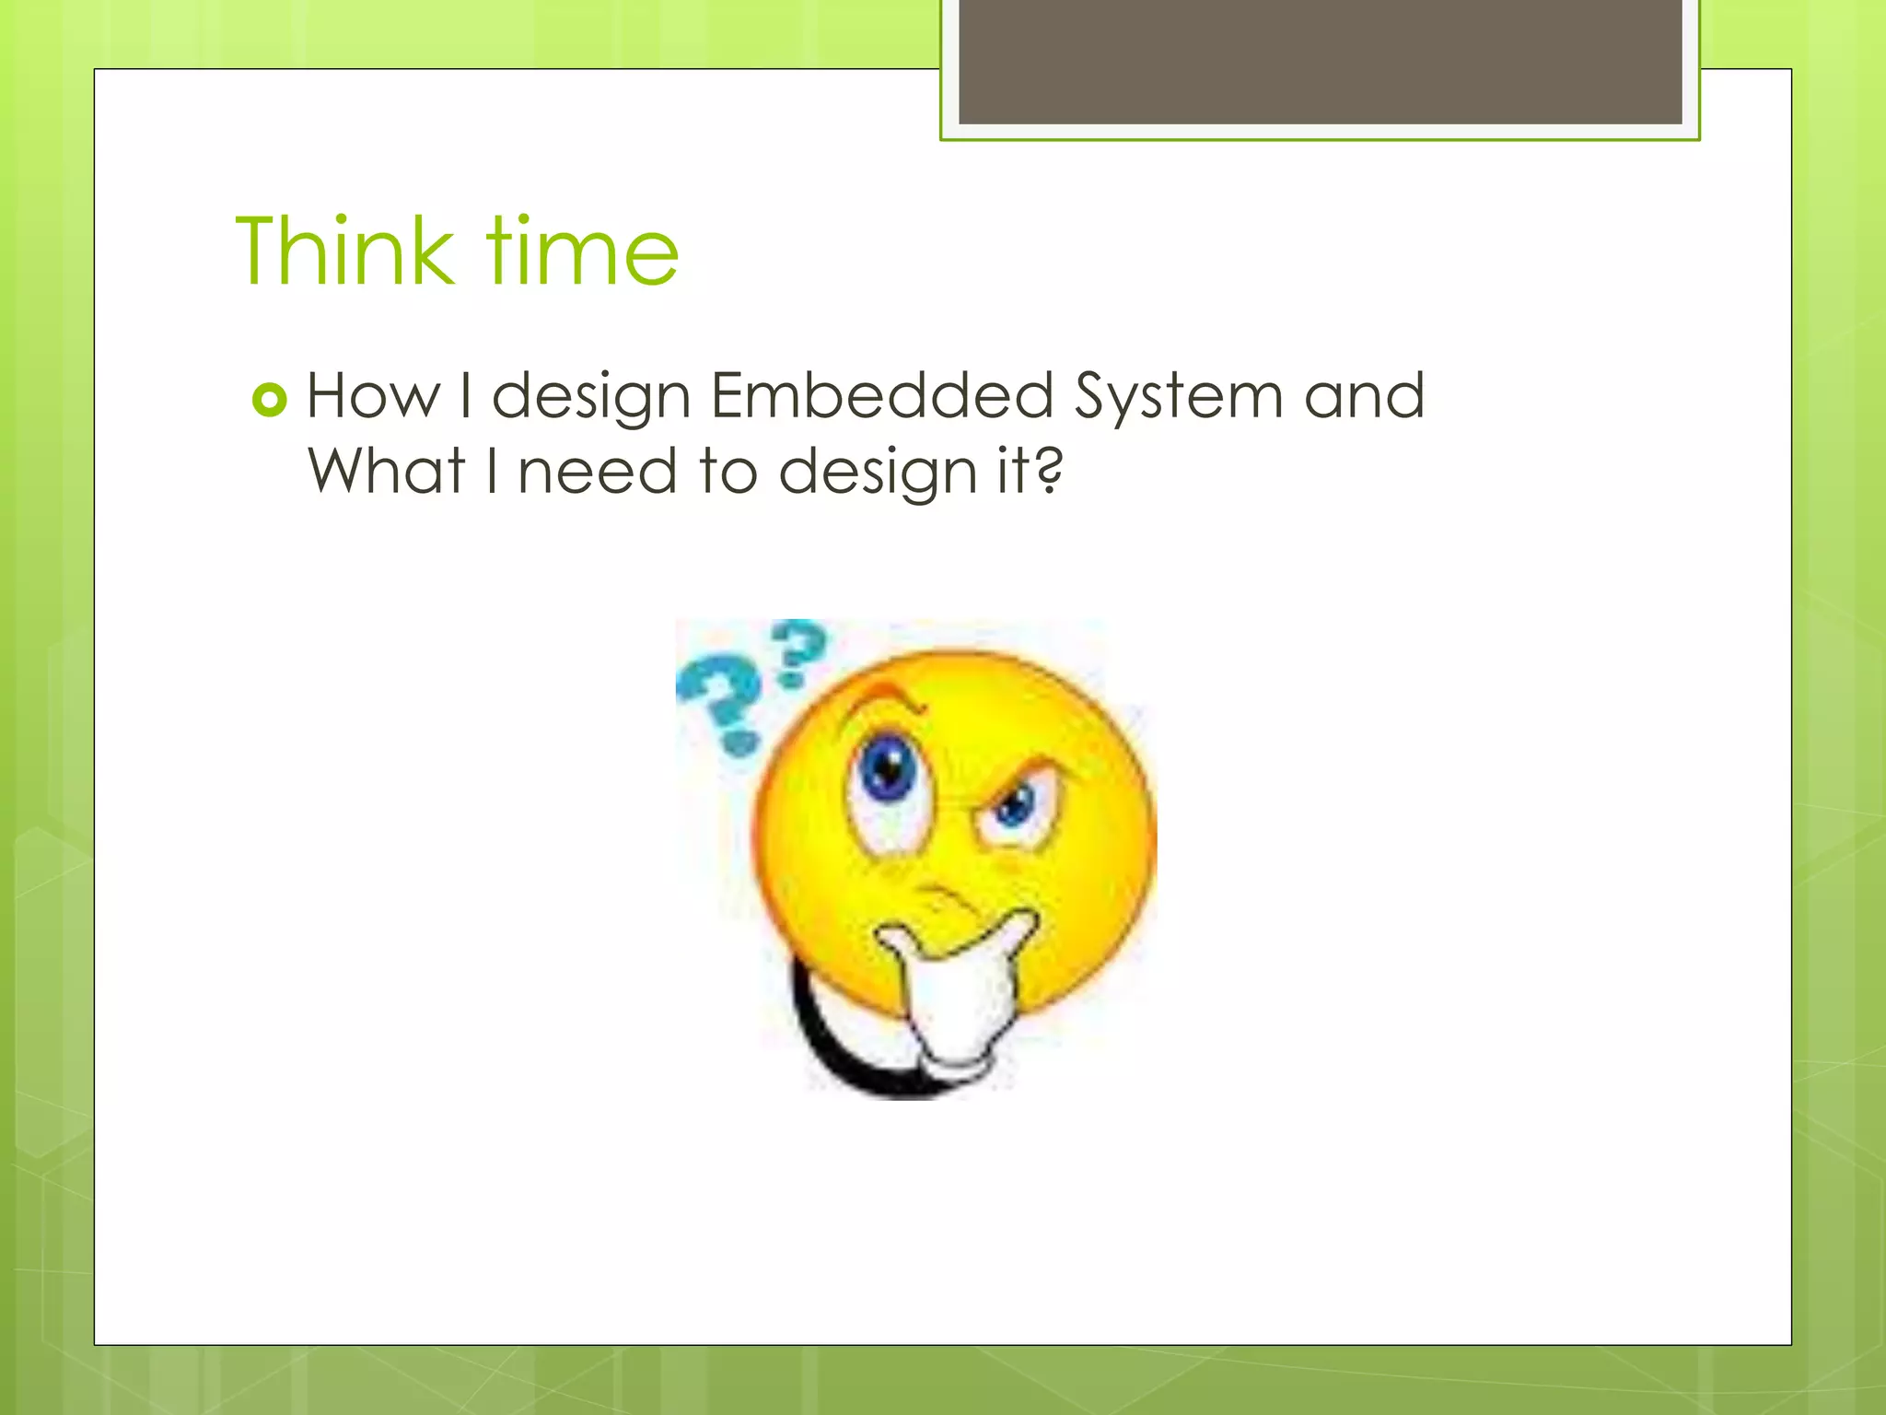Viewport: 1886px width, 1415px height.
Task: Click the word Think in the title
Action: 344,251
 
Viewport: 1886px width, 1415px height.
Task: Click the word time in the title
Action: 582,251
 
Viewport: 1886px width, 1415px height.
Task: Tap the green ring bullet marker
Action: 269,399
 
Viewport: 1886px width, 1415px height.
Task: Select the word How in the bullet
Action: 373,396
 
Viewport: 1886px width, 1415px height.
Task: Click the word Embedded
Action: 881,396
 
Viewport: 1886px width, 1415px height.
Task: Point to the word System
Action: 1178,398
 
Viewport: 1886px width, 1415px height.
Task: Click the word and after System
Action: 1364,396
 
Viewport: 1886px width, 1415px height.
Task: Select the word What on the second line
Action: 386,471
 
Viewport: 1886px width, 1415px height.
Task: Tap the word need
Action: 598,471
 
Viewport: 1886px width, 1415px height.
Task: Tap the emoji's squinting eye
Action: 1015,809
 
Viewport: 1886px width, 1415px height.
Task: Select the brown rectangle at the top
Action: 1320,61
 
